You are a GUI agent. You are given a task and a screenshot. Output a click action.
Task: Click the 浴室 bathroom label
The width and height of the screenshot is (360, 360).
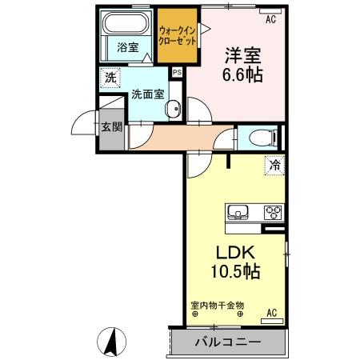[x=127, y=47]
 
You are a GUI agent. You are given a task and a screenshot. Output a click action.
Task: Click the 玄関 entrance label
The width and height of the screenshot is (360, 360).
[x=111, y=127]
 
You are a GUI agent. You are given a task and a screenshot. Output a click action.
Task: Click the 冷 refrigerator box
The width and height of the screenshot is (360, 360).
[x=274, y=166]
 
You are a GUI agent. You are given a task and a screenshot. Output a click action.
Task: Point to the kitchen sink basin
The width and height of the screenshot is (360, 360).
[x=238, y=213]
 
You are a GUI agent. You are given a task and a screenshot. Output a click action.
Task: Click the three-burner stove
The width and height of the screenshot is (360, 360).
[x=272, y=213]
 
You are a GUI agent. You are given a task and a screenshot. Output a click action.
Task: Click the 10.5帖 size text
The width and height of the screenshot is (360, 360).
[x=234, y=271]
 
